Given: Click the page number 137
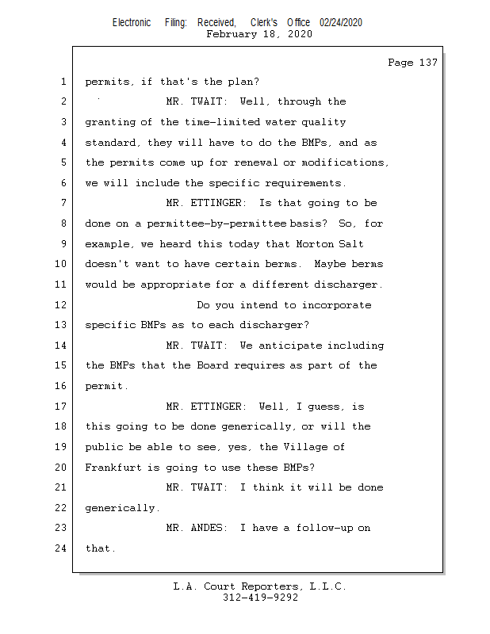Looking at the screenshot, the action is [428, 63].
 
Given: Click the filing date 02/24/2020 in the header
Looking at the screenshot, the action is [341, 23].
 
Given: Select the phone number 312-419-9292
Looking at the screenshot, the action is [260, 598].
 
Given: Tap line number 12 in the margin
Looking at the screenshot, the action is [61, 304].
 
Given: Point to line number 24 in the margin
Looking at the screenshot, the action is [61, 548].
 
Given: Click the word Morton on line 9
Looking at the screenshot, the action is [315, 244].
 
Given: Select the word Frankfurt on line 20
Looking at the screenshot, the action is [113, 468].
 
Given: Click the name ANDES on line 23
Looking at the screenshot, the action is [206, 528].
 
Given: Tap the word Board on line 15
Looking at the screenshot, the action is [212, 365].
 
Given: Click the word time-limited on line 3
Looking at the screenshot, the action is [223, 122].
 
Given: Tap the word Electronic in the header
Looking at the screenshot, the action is [132, 23].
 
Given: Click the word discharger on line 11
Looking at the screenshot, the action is [346, 285].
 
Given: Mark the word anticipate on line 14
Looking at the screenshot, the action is [290, 346].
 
